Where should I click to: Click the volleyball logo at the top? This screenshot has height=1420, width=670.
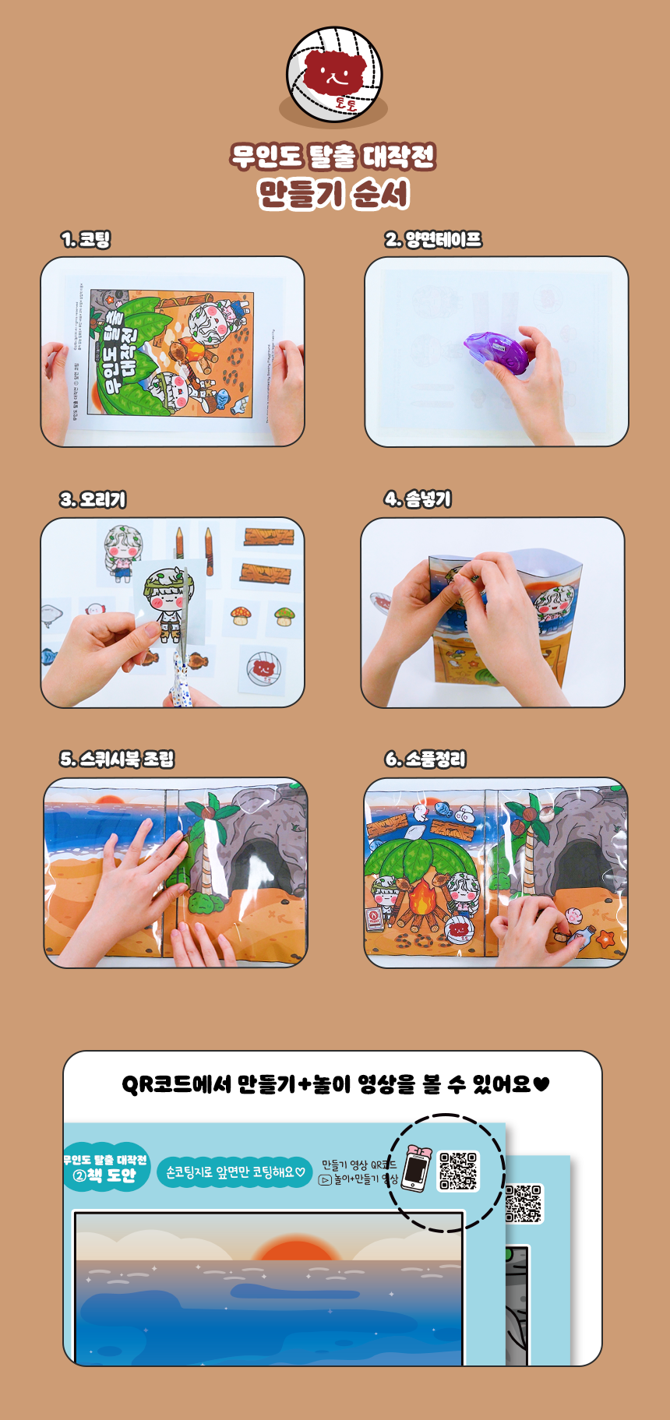pyautogui.click(x=334, y=75)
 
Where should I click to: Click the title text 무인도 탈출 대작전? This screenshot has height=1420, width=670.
pyautogui.click(x=333, y=157)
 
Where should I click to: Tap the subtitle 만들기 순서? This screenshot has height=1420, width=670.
pyautogui.click(x=333, y=194)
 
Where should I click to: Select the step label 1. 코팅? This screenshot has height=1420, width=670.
pyautogui.click(x=86, y=239)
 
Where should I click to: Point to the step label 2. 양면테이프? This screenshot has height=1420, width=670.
pyautogui.click(x=433, y=239)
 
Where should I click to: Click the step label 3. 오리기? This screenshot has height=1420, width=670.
pyautogui.click(x=93, y=499)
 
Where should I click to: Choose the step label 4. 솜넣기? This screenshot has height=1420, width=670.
pyautogui.click(x=418, y=499)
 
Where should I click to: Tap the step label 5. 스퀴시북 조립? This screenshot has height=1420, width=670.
pyautogui.click(x=117, y=759)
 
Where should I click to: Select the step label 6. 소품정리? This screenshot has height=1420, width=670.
pyautogui.click(x=425, y=759)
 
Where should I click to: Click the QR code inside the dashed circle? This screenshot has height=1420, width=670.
pyautogui.click(x=458, y=1171)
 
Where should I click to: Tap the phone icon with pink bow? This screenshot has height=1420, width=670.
pyautogui.click(x=416, y=1168)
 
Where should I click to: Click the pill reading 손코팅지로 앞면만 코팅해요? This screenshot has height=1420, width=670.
pyautogui.click(x=235, y=1172)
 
